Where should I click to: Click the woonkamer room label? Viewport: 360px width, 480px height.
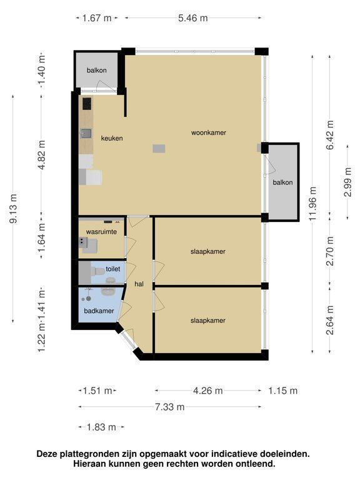coord(209,132)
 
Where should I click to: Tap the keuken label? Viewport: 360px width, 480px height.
coord(112,138)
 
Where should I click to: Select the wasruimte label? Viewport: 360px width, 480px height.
coord(101,232)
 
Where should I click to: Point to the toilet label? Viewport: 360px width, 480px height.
coord(112,269)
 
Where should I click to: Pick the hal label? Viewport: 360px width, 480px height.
coord(139,284)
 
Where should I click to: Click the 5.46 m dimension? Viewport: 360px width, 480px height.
coord(193,18)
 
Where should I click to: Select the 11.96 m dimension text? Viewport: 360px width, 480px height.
coord(312,203)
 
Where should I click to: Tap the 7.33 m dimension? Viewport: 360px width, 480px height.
coord(169,407)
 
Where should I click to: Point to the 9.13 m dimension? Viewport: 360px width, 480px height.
coord(13,209)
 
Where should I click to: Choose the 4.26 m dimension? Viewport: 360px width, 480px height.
coord(208,391)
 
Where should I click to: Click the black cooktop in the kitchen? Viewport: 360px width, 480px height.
coord(87,104)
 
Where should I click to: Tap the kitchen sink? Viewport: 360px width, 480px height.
coord(86,133)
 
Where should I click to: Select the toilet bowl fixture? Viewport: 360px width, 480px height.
coord(98,271)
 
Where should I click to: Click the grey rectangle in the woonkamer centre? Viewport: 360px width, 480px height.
coord(159,149)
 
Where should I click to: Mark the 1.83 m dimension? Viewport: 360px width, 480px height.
coord(101,427)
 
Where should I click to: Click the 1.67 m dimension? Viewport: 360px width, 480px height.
coord(97,18)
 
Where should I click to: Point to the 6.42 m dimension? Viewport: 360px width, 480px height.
coord(330,135)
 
